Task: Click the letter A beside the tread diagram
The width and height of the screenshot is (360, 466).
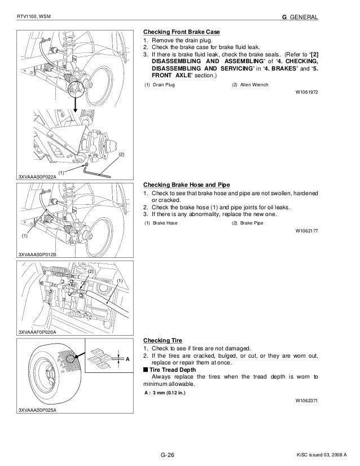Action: [x=128, y=359]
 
